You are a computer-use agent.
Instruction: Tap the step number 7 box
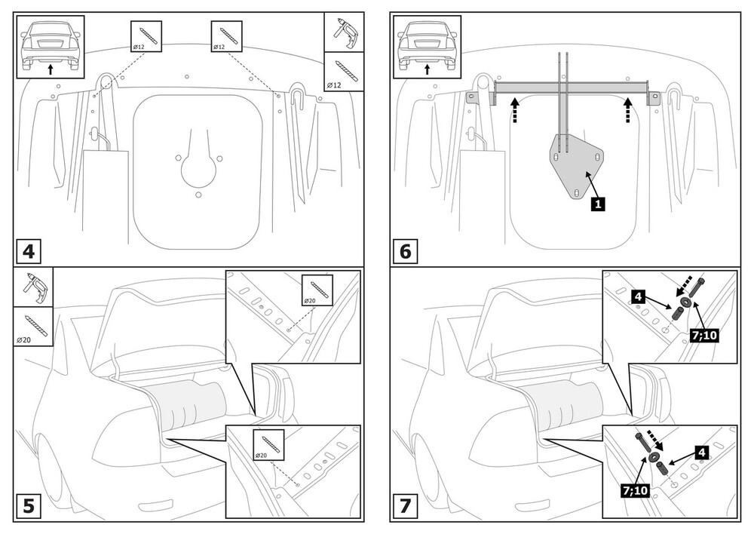click(405, 505)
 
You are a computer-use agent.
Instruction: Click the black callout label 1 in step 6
click(596, 202)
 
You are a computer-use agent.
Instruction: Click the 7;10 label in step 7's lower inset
click(635, 490)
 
